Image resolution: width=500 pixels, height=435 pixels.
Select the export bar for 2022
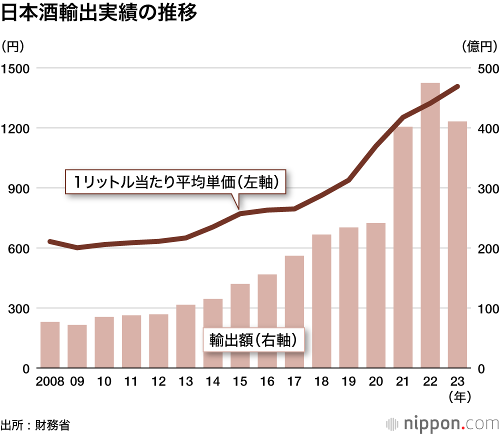[430, 225]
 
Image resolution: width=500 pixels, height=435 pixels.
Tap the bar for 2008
[50, 345]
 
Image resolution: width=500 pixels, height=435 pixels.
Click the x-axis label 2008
[50, 381]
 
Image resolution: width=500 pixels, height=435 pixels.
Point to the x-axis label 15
[240, 381]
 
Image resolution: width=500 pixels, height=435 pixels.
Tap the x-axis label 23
[457, 381]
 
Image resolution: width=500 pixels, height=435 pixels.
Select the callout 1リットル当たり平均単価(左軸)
[177, 182]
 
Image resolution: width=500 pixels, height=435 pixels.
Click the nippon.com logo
[442, 424]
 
